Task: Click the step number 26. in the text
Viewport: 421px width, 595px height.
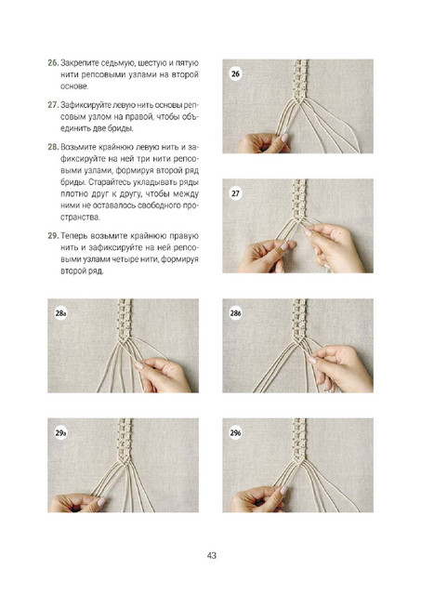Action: [x=53, y=63]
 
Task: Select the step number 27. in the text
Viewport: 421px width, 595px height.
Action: [x=53, y=105]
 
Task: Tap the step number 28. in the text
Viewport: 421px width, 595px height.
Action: [x=53, y=147]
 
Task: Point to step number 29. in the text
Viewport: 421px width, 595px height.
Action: [x=53, y=236]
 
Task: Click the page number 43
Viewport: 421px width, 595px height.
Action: [x=212, y=556]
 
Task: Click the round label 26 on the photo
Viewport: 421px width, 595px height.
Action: [x=235, y=73]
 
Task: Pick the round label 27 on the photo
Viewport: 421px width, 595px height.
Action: [x=235, y=193]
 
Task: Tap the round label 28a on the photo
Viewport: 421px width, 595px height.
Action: [x=60, y=313]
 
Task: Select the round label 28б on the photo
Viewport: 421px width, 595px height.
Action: [x=235, y=313]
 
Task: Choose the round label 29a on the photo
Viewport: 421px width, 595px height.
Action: [x=60, y=433]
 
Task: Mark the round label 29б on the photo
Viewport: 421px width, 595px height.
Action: [x=235, y=433]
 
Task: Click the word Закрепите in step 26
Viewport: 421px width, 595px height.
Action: [x=77, y=63]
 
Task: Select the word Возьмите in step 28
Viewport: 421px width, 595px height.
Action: [x=78, y=147]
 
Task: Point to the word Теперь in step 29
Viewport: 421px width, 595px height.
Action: [x=73, y=236]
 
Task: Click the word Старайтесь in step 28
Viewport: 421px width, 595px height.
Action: [x=108, y=182]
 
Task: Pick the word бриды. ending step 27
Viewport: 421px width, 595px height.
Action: [x=122, y=129]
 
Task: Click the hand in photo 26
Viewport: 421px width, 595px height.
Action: [x=264, y=142]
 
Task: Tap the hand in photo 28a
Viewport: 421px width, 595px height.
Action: [x=164, y=375]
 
